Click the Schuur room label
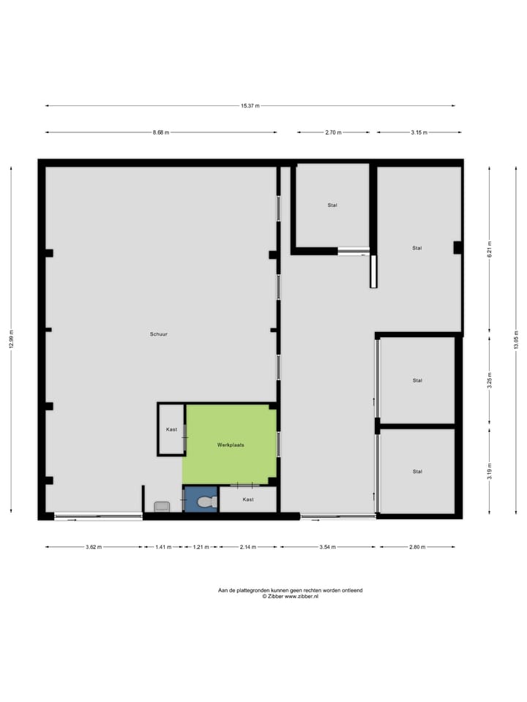click(160, 333)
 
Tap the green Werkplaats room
click(230, 444)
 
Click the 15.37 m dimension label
click(250, 106)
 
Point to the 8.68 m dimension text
click(161, 132)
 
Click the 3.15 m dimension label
click(419, 132)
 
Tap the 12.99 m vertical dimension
click(11, 339)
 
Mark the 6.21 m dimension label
click(490, 249)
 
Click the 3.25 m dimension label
click(490, 380)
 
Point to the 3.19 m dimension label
click(490, 472)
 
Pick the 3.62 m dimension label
click(94, 546)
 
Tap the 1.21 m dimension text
click(201, 546)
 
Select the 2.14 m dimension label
click(248, 546)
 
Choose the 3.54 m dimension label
click(327, 546)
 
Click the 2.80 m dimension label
click(417, 546)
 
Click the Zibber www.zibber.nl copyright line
click(291, 597)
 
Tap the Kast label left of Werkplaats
click(171, 430)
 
